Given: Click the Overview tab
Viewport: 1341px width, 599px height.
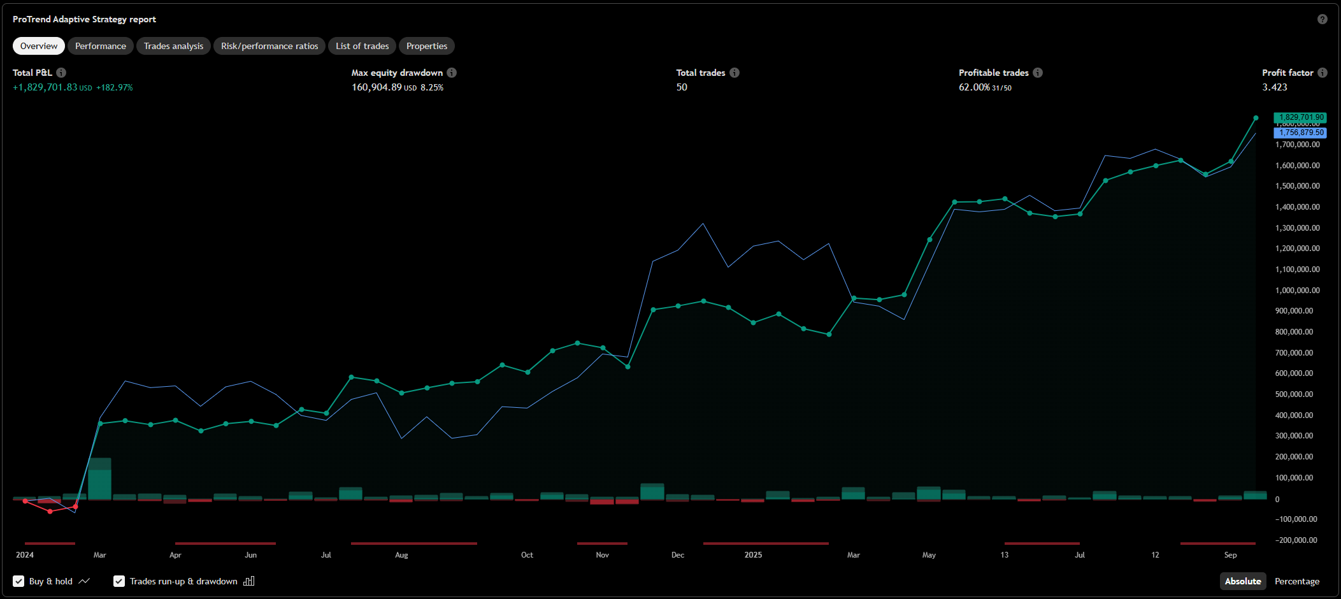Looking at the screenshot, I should tap(39, 46).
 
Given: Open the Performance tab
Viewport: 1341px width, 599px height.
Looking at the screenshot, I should tap(101, 46).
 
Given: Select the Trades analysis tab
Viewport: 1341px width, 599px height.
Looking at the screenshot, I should tap(173, 46).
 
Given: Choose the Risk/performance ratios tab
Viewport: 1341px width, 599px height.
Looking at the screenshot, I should tap(269, 46).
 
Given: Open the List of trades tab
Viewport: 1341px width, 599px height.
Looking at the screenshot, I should tap(362, 46).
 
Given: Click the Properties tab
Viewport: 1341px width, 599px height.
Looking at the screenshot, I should tap(427, 46).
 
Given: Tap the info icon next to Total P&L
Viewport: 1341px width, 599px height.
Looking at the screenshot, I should tap(61, 73).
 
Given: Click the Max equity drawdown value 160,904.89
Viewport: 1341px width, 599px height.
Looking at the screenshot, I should tap(376, 87).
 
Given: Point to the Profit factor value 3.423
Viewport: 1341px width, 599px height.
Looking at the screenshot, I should tap(1275, 87).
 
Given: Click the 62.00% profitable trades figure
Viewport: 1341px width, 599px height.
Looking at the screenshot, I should tap(974, 87).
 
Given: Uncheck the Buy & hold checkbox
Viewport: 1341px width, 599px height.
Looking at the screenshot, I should tap(18, 581).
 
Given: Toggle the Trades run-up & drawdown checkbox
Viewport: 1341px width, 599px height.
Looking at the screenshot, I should tap(119, 581).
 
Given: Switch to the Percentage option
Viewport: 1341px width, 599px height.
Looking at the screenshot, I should tap(1297, 581).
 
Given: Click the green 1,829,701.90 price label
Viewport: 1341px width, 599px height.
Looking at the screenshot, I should tap(1300, 117).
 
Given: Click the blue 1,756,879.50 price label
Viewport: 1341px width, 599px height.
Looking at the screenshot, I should tap(1300, 133).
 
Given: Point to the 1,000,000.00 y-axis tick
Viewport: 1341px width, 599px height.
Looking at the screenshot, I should tap(1297, 290).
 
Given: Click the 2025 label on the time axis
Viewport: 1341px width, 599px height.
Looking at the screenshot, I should tap(753, 555).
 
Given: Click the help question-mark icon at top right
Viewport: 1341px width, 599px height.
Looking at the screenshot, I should tap(1323, 19).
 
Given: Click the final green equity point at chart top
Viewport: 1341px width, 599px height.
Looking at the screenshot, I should tap(1256, 118).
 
